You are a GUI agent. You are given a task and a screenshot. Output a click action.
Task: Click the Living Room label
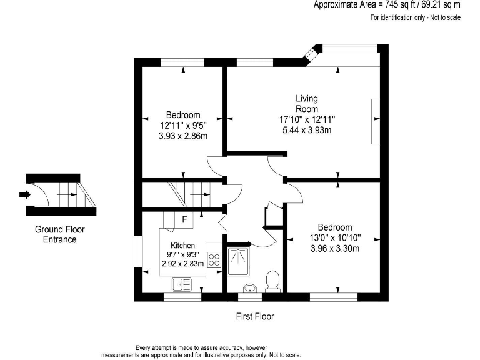coord(306,103)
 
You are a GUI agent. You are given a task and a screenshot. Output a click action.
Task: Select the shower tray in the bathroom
coord(239,261)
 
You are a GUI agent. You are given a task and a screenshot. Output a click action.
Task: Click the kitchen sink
coord(182,284)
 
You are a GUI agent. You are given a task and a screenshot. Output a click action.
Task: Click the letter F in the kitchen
coord(184,219)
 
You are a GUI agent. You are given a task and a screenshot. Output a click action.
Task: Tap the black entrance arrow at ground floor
coord(24,194)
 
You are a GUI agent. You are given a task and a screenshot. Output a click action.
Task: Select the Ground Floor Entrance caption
coord(59,234)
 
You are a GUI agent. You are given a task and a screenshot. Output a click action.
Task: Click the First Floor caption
coord(254,316)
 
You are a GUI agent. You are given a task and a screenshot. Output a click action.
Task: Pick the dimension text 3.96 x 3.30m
coord(334,248)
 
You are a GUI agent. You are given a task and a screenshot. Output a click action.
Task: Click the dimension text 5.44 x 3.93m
coord(306,130)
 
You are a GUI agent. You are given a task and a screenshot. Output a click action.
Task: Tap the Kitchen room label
coord(182,246)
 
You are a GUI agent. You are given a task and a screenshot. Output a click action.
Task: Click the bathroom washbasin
coord(250,287)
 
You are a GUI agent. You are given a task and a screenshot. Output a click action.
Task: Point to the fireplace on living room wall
coord(375,121)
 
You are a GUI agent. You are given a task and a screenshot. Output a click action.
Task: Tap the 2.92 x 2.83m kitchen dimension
coord(182,264)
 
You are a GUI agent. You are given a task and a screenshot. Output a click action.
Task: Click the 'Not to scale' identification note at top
coord(415,17)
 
